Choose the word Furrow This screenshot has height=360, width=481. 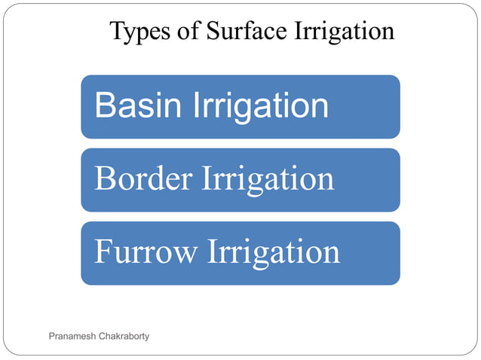click(x=144, y=252)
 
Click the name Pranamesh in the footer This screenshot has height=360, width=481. click(x=73, y=336)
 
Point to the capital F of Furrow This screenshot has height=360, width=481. click(x=102, y=252)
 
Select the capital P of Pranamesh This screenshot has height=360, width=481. click(x=51, y=336)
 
